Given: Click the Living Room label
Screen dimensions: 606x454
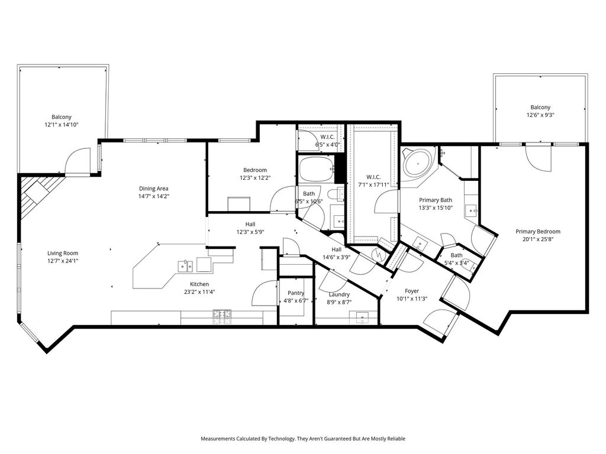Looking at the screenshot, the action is [63, 253].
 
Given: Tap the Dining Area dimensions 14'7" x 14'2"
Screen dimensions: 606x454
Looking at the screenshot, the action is [154, 196].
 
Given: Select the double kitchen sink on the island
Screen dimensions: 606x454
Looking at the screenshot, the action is [185, 266].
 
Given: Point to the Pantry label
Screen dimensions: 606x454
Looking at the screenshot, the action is [296, 293].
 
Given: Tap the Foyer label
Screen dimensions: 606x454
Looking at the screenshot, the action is [412, 291].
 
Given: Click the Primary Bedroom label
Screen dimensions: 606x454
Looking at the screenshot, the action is [537, 232].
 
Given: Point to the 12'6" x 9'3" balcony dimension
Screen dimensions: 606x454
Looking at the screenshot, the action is [540, 115].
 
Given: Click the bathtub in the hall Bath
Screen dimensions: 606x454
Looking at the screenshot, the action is [316, 169].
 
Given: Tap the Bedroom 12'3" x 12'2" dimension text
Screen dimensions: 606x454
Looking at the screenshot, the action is [255, 178].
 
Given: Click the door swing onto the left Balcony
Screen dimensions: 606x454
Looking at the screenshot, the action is [78, 161].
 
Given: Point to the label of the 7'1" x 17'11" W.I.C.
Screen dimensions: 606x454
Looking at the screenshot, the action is [373, 177].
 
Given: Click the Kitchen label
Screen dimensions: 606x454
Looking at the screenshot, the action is [199, 284].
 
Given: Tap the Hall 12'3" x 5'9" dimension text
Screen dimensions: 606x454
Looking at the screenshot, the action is [250, 232].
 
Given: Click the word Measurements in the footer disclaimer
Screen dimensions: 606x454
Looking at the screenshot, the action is [218, 439].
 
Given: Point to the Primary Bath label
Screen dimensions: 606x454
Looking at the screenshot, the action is [436, 200].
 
